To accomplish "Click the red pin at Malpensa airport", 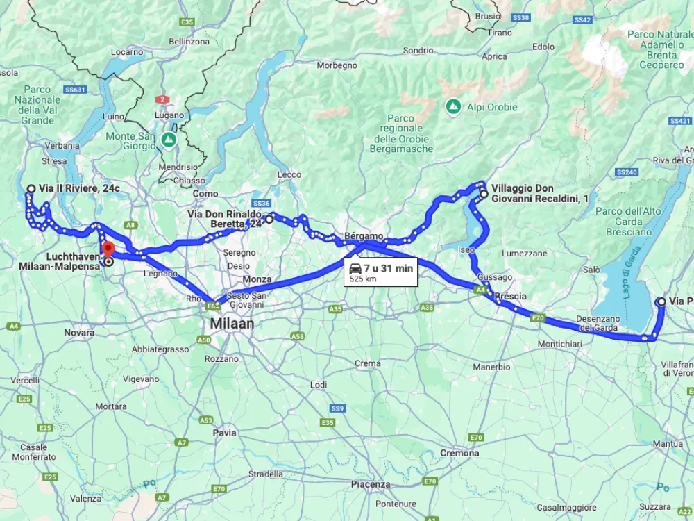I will [x=108, y=249].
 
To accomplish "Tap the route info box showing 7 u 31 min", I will [x=380, y=272].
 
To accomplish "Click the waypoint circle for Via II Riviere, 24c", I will [x=31, y=188].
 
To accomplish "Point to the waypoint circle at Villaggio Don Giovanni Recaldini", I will [x=484, y=195].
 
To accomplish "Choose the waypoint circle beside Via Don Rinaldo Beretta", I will [x=269, y=219].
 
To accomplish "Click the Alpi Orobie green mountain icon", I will [x=452, y=107].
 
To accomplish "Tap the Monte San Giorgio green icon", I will [x=168, y=140].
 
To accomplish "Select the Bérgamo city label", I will [x=364, y=236].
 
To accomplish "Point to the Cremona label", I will [x=459, y=453].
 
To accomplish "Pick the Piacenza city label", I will [x=371, y=484].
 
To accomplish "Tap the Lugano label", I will [x=170, y=115].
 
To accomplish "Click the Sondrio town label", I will [x=418, y=50].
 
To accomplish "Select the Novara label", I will [x=79, y=333].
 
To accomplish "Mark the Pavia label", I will [x=225, y=432].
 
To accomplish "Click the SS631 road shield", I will [x=74, y=90].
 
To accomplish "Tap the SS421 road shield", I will [x=681, y=121].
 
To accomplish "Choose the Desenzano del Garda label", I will [x=597, y=323].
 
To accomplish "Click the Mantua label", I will [x=668, y=443].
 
